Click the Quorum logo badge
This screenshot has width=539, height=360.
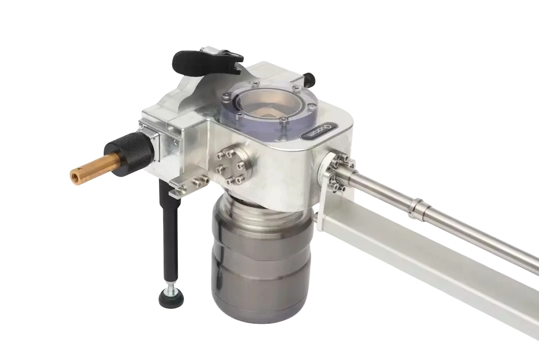click(318, 131)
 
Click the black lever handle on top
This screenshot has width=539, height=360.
click(206, 62)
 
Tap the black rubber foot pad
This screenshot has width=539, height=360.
click(171, 299)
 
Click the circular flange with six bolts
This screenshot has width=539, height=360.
click(230, 166)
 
